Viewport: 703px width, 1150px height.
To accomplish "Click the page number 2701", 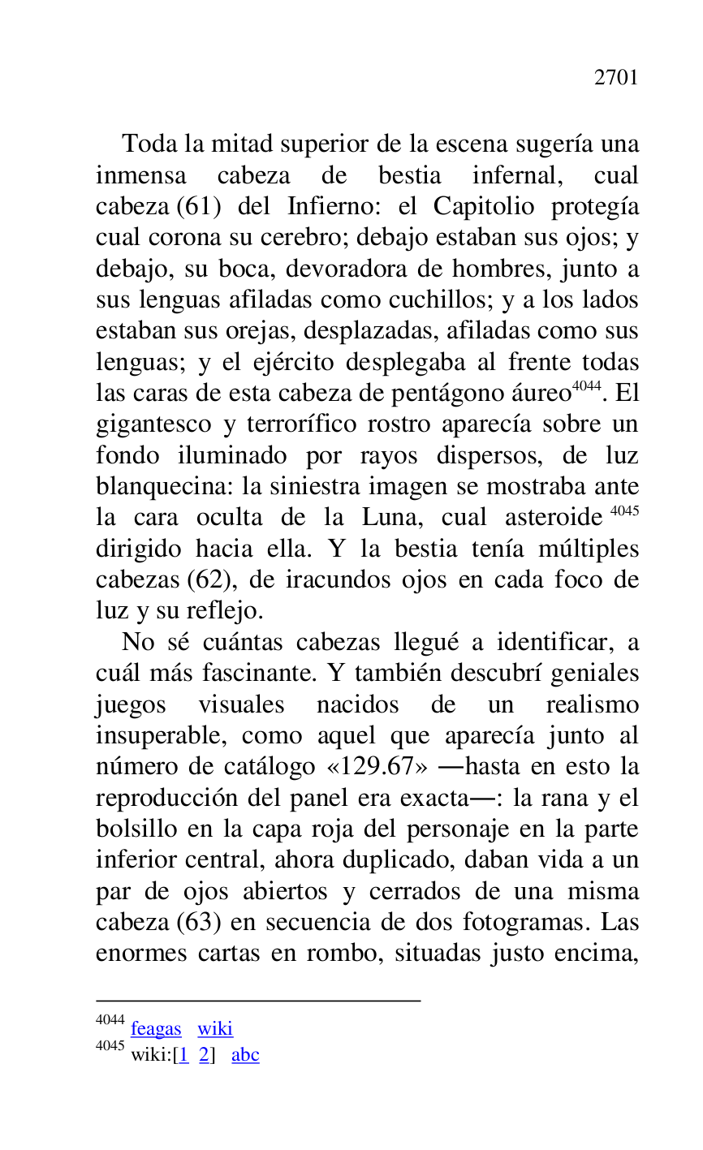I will point(616,78).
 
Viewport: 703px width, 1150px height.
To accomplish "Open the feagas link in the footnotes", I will point(156,1029).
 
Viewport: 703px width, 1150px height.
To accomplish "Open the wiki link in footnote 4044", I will point(215,1029).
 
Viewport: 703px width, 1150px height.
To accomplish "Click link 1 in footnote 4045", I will point(183,1055).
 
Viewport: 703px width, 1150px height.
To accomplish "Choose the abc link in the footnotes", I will point(245,1055).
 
